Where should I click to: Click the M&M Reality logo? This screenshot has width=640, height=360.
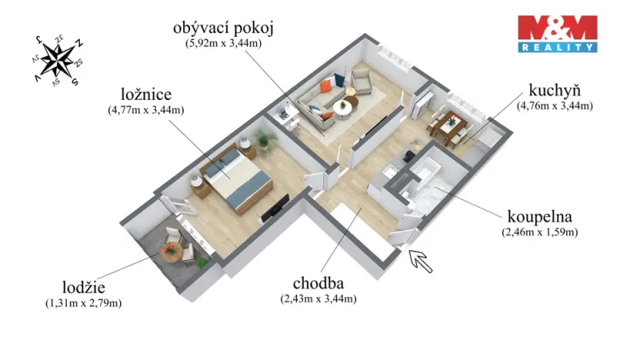point(557,33)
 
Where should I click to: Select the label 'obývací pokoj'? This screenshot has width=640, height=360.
point(223,28)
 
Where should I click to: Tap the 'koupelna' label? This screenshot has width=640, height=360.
point(538,215)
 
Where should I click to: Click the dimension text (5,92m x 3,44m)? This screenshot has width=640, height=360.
point(223,44)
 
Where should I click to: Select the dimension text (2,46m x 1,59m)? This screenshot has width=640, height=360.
point(538,231)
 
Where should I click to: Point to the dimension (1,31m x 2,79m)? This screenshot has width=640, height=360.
point(84,303)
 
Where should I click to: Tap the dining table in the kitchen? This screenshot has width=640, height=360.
point(448,122)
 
